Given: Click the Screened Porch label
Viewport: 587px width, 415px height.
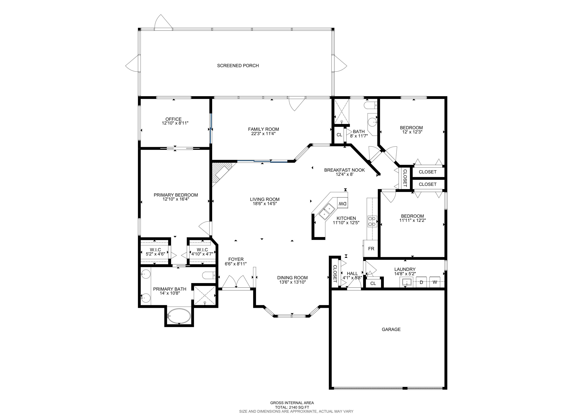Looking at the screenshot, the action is click(238, 66).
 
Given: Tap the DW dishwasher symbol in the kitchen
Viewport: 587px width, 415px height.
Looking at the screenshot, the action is click(343, 204).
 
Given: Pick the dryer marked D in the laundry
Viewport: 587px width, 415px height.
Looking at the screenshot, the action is click(421, 282).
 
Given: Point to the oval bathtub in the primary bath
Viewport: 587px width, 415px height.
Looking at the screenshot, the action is click(179, 316).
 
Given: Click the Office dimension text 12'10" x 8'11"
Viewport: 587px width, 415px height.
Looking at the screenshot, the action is click(175, 123).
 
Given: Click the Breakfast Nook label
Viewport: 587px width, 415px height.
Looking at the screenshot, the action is click(344, 170).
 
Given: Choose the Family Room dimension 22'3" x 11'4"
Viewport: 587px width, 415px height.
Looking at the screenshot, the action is click(263, 133).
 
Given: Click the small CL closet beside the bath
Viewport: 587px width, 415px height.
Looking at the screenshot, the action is click(339, 135).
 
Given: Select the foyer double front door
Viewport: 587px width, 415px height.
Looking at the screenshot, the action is click(236, 283).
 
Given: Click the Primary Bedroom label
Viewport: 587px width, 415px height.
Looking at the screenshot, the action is click(176, 195).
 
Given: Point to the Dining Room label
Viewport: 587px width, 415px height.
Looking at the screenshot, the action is click(292, 278).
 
